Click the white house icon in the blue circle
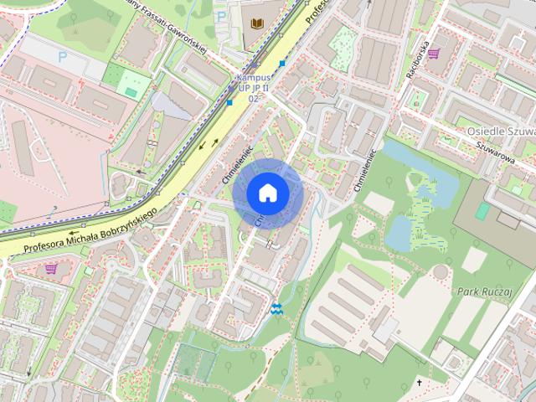coord(267,193)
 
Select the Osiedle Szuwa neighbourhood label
coord(500,132)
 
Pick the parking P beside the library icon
coord(221,16)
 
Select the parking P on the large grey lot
coord(62,57)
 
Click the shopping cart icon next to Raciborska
coord(434,54)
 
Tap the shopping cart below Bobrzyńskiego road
coord(50,269)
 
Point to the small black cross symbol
coord(420,383)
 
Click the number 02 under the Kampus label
coord(252,99)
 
